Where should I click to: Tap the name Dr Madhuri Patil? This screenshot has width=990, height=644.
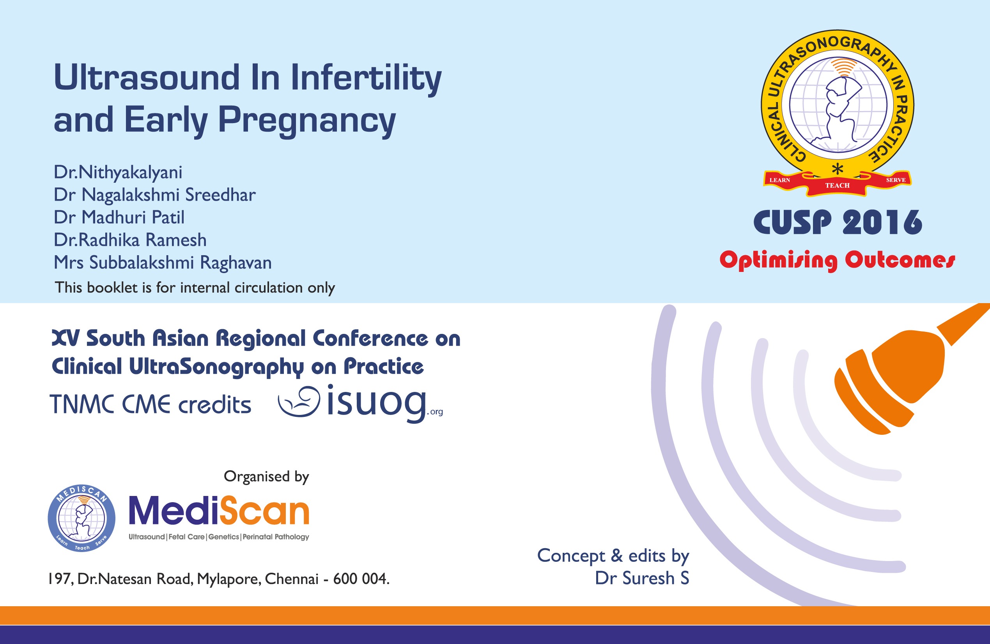[x=119, y=217]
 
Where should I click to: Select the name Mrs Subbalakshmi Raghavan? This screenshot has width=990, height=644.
[x=163, y=263]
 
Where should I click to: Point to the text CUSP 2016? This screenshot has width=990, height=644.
[x=837, y=223]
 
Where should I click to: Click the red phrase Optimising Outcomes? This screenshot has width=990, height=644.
[x=837, y=260]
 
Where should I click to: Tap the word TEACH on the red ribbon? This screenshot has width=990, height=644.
[x=837, y=185]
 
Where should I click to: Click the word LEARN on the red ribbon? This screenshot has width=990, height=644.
[x=779, y=180]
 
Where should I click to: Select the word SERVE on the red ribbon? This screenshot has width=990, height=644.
[x=896, y=180]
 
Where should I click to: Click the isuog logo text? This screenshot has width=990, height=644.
[x=376, y=402]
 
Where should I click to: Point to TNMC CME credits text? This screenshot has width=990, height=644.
[x=151, y=404]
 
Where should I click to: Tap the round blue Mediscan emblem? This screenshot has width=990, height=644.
[x=81, y=518]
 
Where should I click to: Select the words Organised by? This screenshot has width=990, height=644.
[x=266, y=476]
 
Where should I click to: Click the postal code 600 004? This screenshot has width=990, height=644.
[x=361, y=579]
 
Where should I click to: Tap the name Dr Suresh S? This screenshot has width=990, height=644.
[x=641, y=578]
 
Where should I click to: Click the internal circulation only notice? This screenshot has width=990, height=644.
[x=195, y=288]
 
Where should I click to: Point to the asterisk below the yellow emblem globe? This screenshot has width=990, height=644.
[x=837, y=169]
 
